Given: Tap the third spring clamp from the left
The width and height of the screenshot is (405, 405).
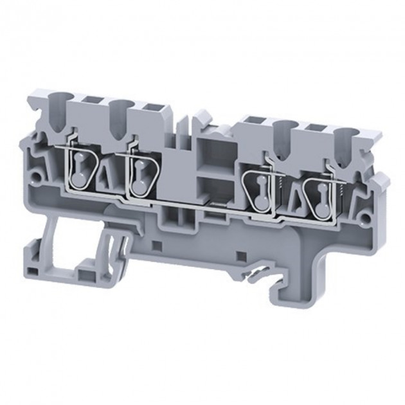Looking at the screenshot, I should point(260,192).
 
